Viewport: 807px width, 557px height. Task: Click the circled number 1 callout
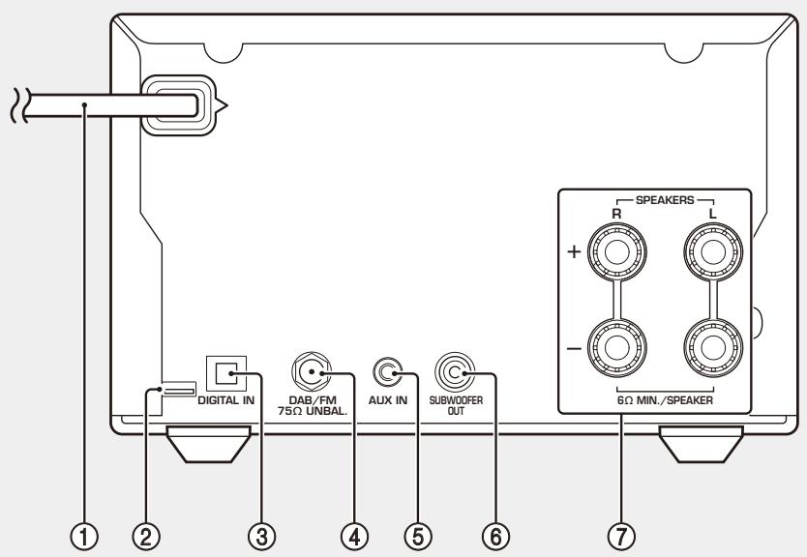[84, 537]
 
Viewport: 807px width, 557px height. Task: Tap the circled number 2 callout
[146, 537]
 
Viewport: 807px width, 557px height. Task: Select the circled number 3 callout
[261, 537]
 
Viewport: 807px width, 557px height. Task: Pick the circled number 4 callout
[354, 537]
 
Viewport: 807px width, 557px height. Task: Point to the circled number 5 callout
[418, 537]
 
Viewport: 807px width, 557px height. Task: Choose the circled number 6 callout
[495, 537]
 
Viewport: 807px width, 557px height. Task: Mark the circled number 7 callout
[621, 537]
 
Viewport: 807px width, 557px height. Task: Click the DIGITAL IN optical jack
[226, 373]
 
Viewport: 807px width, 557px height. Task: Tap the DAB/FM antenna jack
[311, 372]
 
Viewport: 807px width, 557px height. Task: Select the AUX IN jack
[388, 372]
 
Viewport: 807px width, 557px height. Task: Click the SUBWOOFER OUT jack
[455, 372]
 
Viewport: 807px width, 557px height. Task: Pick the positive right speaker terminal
[617, 252]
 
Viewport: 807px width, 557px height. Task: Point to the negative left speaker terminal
[713, 348]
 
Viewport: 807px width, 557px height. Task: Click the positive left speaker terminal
[713, 252]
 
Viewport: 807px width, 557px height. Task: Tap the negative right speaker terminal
[617, 348]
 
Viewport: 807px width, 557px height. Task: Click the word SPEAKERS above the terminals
[665, 200]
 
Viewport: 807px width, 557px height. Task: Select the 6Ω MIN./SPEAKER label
[665, 400]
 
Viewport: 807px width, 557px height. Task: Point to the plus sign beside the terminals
[574, 251]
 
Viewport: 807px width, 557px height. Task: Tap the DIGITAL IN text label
[225, 400]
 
